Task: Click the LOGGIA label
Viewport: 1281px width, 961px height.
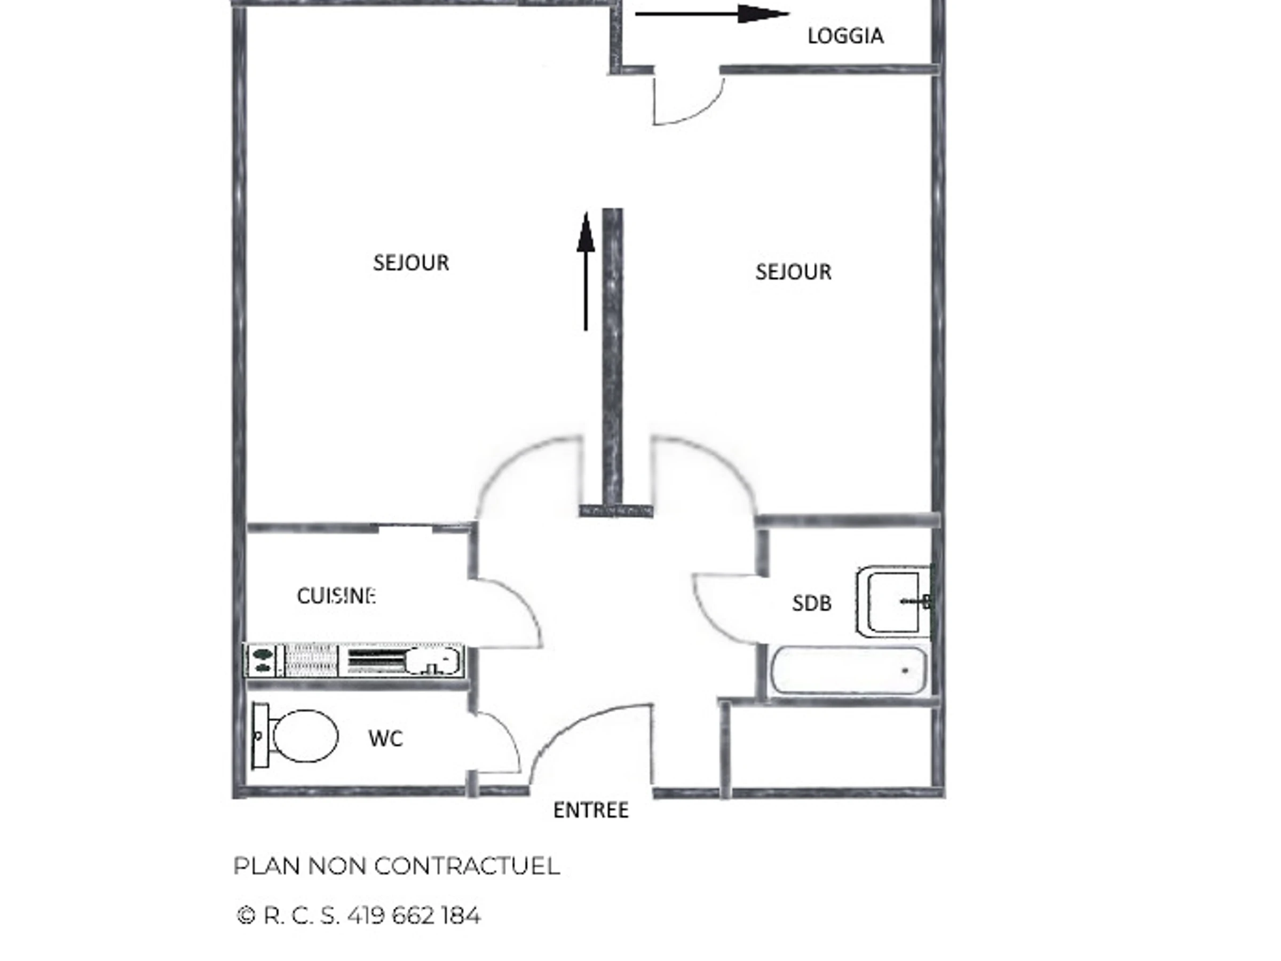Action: coord(845,36)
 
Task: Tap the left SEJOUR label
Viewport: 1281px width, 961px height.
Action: coord(411,263)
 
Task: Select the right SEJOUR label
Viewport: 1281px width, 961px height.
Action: coord(793,272)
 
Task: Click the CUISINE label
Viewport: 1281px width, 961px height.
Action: coord(336,596)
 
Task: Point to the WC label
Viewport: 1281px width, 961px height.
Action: coord(386,738)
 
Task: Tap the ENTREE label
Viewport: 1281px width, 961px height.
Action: coord(591,810)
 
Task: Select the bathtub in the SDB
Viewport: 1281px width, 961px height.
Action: coord(849,670)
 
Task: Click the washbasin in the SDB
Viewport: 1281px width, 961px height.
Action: coord(893,601)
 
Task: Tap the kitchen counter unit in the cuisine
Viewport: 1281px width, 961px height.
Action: coord(354,660)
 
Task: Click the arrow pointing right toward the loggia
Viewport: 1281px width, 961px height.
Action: coord(713,13)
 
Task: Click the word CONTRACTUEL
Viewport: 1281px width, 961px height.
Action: coord(467,867)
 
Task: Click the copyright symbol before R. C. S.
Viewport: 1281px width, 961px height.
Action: coord(246,916)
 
